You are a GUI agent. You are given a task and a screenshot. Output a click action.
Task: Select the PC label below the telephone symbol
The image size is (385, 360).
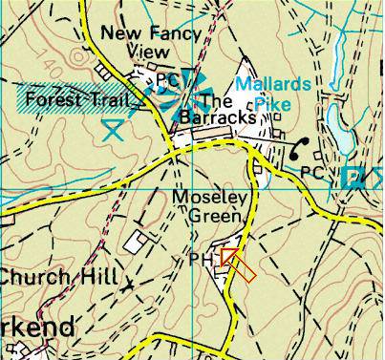[x=310, y=172]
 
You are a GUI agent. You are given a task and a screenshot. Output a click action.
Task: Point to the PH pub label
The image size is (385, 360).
[x=202, y=260]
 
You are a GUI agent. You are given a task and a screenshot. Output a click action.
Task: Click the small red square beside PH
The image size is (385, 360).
[x=228, y=255]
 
